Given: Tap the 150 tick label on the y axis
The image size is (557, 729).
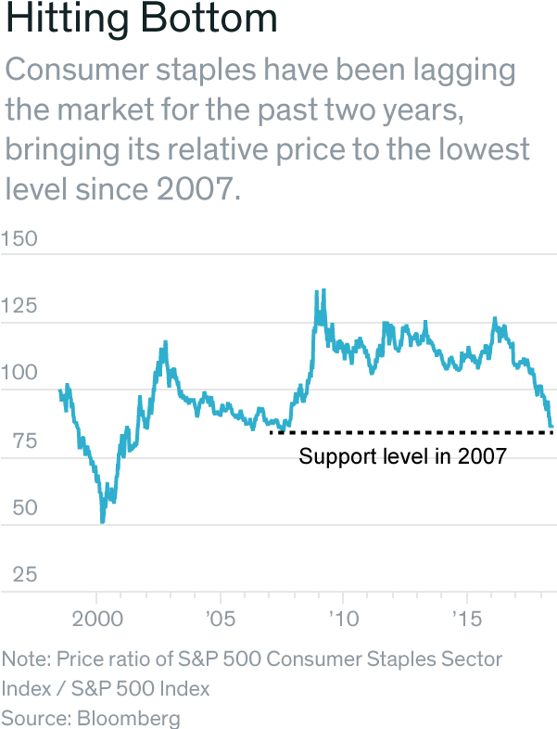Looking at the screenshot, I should [x=19, y=238].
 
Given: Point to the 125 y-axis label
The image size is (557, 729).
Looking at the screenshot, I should [x=19, y=306].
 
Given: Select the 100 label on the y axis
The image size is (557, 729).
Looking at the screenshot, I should [x=19, y=374].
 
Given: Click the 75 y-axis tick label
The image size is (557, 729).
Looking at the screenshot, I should [x=16, y=441].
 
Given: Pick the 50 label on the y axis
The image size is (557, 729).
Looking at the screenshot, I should [x=16, y=508].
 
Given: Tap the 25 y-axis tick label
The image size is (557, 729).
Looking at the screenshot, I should [x=16, y=575].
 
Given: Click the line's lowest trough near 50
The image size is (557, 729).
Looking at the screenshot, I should [x=102, y=522].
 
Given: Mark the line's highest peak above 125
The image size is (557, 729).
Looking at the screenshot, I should [x=319, y=291].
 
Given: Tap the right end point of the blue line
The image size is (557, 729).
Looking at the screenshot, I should [x=552, y=428].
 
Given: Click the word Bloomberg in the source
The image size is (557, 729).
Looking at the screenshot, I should [x=129, y=718].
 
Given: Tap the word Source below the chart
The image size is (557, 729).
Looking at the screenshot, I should [x=34, y=718].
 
